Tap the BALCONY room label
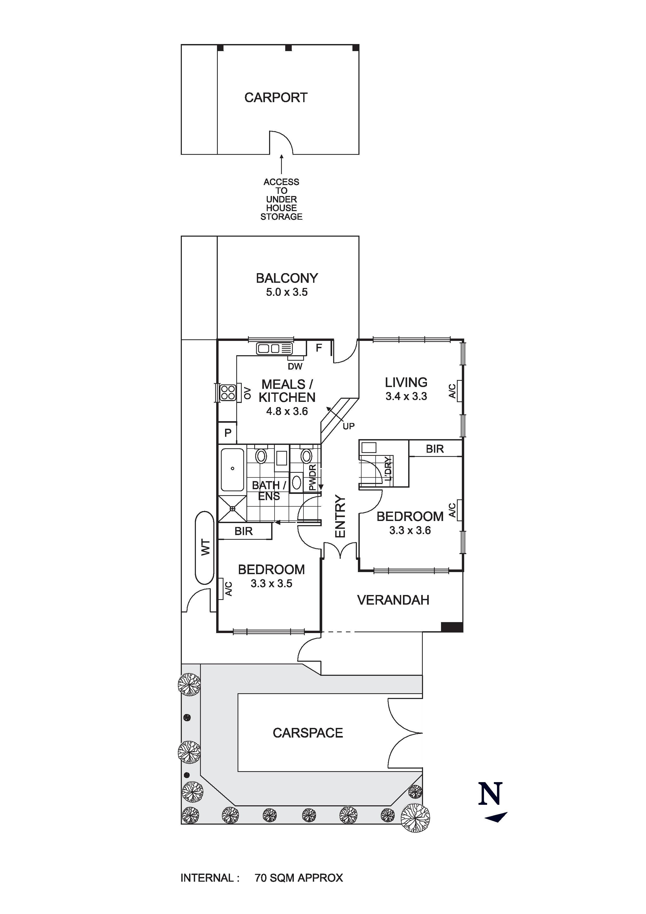(287, 278)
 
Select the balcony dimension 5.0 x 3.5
(287, 292)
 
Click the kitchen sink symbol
(275, 349)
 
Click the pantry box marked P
(227, 433)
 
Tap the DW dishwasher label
(295, 366)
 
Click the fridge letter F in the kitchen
(319, 348)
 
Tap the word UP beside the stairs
(349, 426)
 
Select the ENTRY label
(340, 516)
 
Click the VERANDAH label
(393, 600)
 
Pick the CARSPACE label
(308, 733)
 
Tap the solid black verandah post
(452, 627)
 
